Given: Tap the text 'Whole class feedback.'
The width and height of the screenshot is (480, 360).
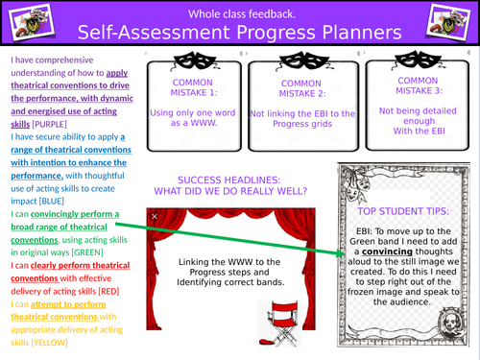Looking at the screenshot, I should tap(239, 11).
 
